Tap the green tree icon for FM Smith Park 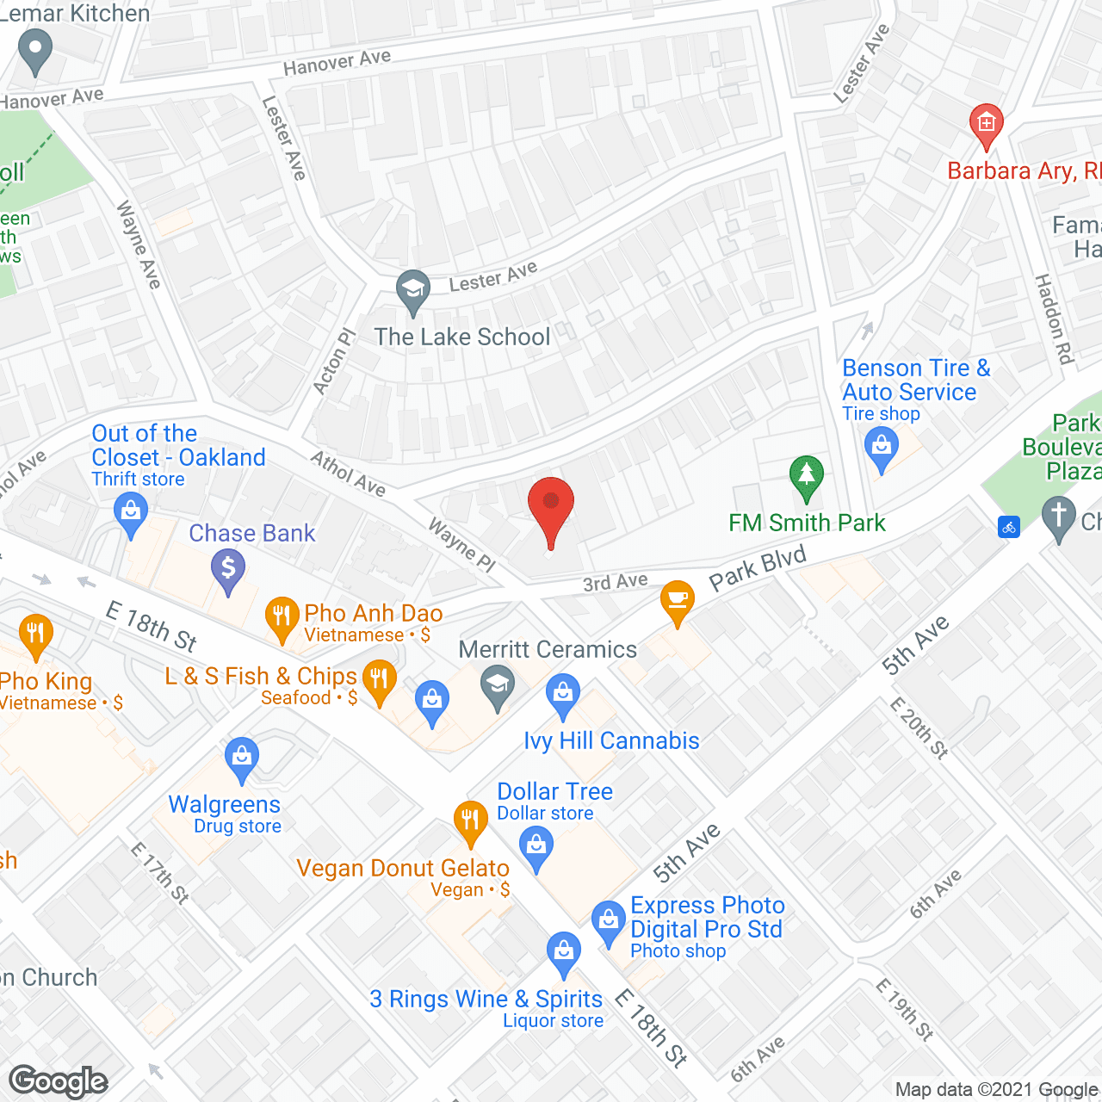[x=806, y=475]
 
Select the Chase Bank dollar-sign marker [x=228, y=568]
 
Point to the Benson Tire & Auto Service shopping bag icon [x=881, y=448]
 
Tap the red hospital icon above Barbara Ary [x=986, y=124]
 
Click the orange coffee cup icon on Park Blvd [x=678, y=599]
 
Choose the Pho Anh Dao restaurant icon [x=282, y=616]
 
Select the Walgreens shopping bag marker [x=242, y=757]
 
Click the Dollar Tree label [x=555, y=791]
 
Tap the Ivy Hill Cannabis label [x=611, y=740]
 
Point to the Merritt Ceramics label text [x=548, y=649]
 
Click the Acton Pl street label [x=333, y=362]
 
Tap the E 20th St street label [x=919, y=727]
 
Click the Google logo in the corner [x=59, y=1081]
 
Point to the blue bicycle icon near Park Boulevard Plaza [x=1009, y=527]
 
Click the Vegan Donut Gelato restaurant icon [x=470, y=820]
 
